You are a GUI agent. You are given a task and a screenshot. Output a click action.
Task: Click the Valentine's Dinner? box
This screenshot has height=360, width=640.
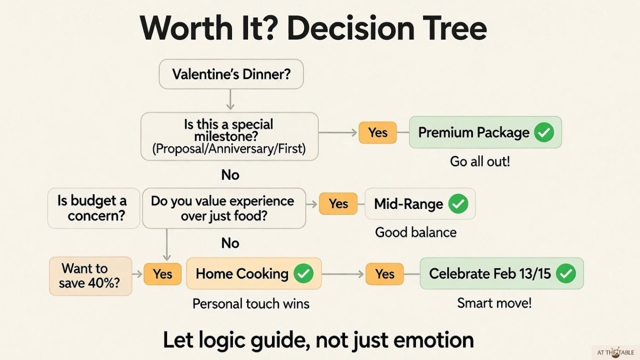coord(231,74)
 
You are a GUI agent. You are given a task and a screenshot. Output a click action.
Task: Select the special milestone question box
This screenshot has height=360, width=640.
coord(229,136)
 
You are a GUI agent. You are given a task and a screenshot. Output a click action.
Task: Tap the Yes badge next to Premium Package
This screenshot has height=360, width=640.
coord(377,132)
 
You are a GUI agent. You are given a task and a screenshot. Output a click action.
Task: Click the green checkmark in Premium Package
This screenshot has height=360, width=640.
coord(544,132)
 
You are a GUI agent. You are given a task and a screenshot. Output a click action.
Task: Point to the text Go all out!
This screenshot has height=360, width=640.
coord(479,161)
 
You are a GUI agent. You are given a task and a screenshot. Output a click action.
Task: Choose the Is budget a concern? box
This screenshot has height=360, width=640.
coord(93,208)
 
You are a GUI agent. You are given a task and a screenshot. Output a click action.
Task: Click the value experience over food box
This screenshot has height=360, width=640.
coord(223,208)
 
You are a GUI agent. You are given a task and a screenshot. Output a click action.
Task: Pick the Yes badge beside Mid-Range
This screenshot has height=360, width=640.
coord(338,204)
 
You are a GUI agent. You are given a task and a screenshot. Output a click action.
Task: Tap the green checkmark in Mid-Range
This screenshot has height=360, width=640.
coord(458,204)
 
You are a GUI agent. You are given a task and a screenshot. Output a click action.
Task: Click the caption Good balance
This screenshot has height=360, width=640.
coord(415,232)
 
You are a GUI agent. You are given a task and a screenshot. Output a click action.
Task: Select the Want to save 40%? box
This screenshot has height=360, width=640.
coord(90,275)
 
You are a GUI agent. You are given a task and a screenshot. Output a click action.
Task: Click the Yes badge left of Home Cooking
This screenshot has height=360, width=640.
coord(162,274)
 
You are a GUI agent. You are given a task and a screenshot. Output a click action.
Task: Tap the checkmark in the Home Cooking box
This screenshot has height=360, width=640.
coord(303,273)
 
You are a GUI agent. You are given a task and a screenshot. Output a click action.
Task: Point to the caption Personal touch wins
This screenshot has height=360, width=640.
coord(251,303)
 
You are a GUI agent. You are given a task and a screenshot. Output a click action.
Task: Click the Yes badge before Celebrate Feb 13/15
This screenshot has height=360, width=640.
coord(384,274)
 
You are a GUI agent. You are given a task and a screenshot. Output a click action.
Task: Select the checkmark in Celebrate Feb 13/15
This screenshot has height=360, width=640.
coord(566,273)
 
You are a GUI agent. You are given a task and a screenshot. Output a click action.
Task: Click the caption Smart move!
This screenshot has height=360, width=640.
coord(494,303)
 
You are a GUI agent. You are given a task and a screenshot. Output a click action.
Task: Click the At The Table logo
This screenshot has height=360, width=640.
coord(615,352)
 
